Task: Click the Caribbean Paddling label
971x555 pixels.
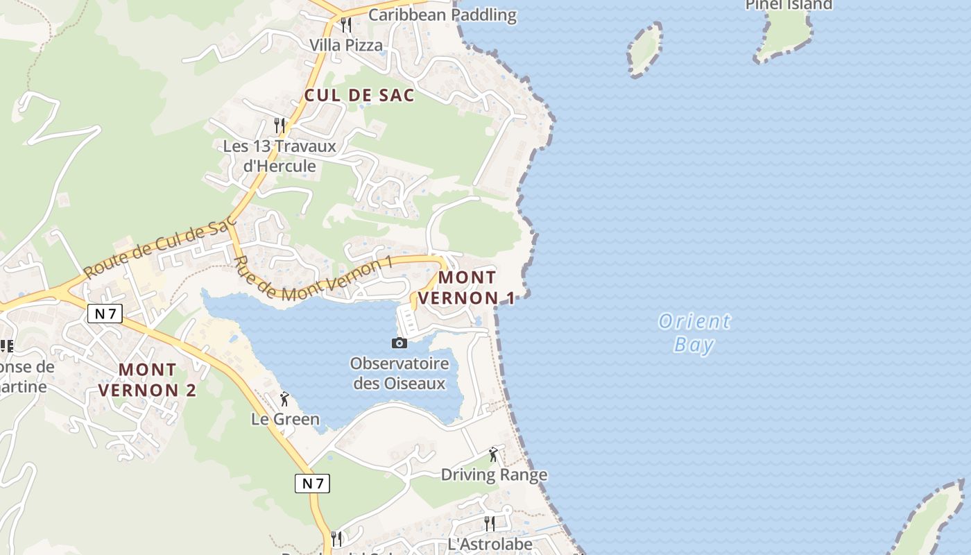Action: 442,15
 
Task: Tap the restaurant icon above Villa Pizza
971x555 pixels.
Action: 346,25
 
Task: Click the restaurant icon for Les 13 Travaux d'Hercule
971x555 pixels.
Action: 280,125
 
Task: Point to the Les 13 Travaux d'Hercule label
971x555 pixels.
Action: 280,156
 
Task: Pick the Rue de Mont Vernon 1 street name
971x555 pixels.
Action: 313,279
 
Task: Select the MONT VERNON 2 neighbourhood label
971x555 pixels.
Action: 147,379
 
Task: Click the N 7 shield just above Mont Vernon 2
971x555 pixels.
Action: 105,314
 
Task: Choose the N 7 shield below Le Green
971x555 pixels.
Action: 313,484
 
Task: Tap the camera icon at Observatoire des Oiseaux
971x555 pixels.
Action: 399,343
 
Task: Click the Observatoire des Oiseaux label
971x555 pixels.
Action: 399,373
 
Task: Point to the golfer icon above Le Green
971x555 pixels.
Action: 284,399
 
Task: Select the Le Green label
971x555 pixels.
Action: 285,419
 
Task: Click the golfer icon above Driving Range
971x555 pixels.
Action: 493,454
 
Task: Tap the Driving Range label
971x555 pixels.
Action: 494,475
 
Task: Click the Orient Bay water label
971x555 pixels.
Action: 694,333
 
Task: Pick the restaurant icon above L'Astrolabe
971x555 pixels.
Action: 490,523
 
